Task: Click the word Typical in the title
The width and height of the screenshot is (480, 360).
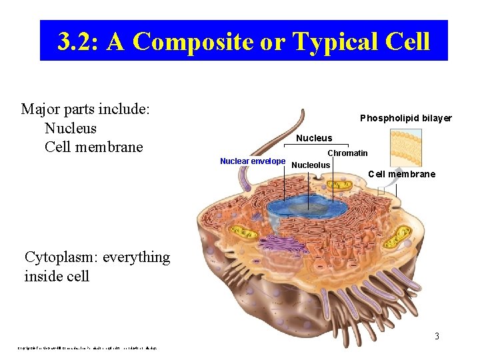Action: pos(331,41)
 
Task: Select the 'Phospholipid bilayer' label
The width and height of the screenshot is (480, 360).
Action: pos(405,118)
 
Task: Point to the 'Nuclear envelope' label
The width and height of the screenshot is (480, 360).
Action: pos(253,161)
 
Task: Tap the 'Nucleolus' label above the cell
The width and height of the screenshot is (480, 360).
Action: pos(311,165)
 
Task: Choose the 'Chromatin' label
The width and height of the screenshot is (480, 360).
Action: pos(347,153)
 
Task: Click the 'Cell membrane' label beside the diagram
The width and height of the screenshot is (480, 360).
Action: pos(401,174)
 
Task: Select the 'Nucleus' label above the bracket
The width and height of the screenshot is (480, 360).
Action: pos(313,138)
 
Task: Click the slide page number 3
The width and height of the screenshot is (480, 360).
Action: pos(437,336)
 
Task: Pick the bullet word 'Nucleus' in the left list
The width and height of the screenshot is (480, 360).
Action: pos(70,128)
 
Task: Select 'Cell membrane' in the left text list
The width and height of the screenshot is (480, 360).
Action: pos(93,147)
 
